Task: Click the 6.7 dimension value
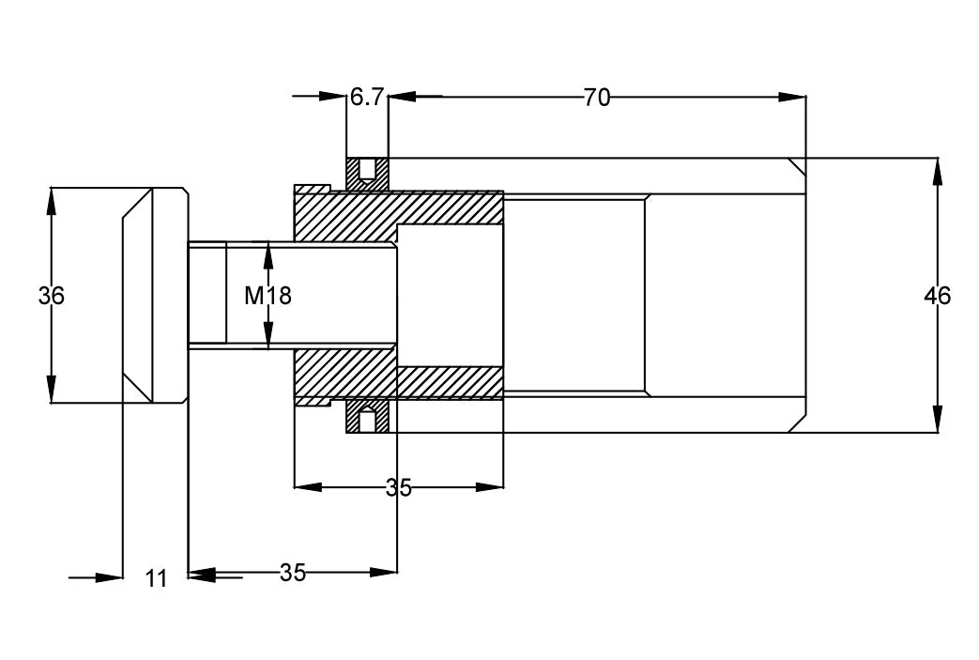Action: [367, 97]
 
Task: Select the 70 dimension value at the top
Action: [596, 97]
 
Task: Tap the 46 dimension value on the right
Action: [937, 296]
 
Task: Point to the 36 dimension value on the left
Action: [52, 296]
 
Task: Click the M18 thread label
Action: [268, 296]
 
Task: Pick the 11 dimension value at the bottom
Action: [157, 578]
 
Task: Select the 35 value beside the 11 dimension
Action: [293, 573]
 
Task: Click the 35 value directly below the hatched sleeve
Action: [399, 487]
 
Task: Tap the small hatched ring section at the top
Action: [367, 171]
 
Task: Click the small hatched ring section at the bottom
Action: [367, 419]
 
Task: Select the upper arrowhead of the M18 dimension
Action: [268, 254]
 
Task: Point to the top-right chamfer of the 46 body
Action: [796, 166]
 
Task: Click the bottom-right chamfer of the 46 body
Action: [796, 423]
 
